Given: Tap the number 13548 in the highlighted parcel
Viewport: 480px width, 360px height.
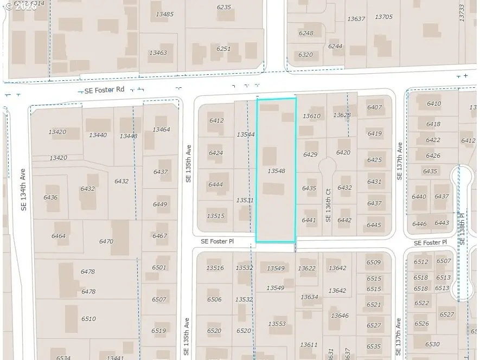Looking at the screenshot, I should (276, 171).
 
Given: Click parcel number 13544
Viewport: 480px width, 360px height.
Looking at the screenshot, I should (245, 134).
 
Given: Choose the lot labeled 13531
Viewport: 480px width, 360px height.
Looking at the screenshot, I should (245, 200).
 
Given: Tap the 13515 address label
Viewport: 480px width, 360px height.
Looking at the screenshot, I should (215, 216).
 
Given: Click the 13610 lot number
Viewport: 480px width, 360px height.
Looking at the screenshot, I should (311, 116).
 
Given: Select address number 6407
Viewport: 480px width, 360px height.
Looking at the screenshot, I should (374, 107).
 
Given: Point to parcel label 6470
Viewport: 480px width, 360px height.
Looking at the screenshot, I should (106, 241).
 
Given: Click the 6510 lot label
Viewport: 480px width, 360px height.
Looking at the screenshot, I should (88, 319).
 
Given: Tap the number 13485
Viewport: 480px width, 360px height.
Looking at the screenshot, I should (164, 14).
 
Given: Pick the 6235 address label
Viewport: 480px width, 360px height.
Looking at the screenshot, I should (223, 7).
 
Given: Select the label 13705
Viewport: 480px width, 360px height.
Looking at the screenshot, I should (383, 17).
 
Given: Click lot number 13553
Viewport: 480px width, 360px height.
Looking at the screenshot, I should (277, 324).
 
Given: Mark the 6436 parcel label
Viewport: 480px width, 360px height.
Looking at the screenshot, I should (50, 197).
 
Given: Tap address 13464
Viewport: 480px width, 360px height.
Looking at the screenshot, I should (161, 130).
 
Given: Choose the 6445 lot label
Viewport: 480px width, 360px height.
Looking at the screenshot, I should (374, 225).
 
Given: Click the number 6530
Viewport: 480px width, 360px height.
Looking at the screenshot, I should (432, 344).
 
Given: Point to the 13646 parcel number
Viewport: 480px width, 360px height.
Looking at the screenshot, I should (340, 316).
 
